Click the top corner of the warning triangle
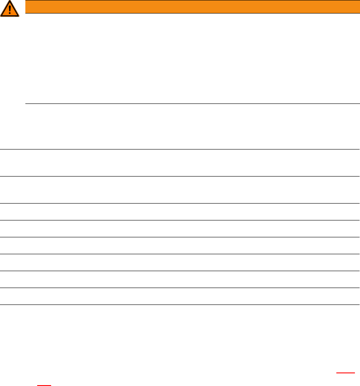pyautogui.click(x=9, y=1)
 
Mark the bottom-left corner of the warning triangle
pyautogui.click(x=1, y=16)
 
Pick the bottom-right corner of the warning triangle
pyautogui.click(x=18, y=16)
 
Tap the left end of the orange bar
pyautogui.click(x=27, y=7)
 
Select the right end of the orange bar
pyautogui.click(x=358, y=7)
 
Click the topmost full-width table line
pyautogui.click(x=180, y=149)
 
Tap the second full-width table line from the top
pyautogui.click(x=180, y=176)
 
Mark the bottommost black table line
pyautogui.click(x=180, y=304)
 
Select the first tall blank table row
pyautogui.click(x=180, y=163)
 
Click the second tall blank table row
pyautogui.click(x=180, y=190)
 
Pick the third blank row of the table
pyautogui.click(x=180, y=212)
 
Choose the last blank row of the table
pyautogui.click(x=180, y=296)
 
